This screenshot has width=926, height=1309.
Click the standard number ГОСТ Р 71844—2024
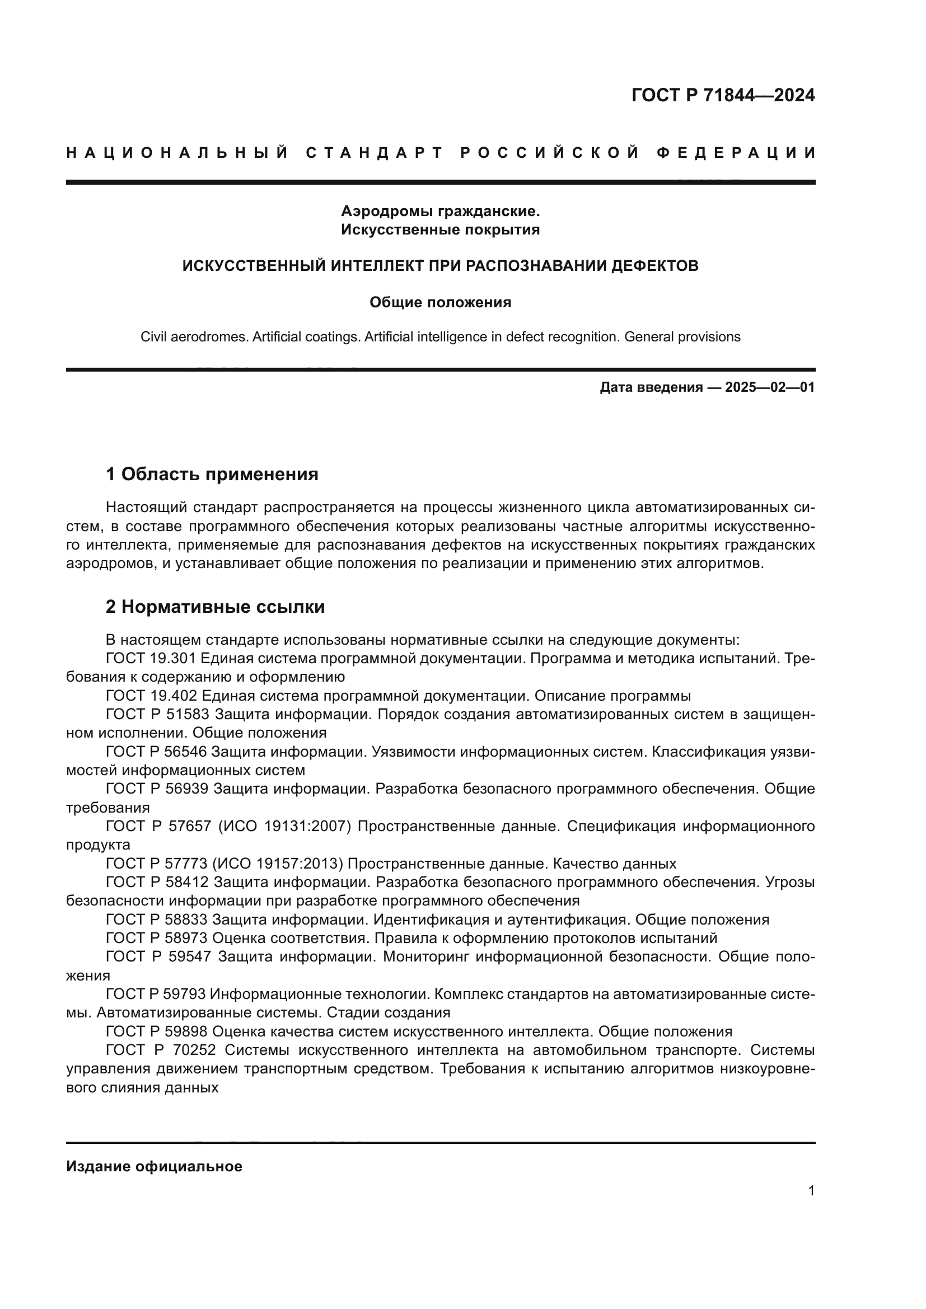click(x=722, y=95)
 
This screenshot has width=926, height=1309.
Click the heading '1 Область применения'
click(x=212, y=474)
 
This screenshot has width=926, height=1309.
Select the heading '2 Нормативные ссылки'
click(x=215, y=607)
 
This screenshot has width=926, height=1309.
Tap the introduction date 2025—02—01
click(x=769, y=388)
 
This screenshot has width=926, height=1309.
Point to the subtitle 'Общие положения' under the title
click(x=439, y=302)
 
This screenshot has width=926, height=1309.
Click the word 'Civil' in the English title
click(x=154, y=337)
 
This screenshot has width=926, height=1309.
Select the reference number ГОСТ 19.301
click(x=151, y=659)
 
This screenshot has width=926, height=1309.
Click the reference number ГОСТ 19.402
click(x=151, y=696)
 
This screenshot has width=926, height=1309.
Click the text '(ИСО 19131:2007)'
click(x=284, y=826)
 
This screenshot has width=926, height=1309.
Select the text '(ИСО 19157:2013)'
click(x=279, y=863)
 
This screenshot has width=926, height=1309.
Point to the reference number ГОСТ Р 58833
click(x=158, y=919)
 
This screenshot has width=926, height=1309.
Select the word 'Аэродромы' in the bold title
click(x=388, y=211)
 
